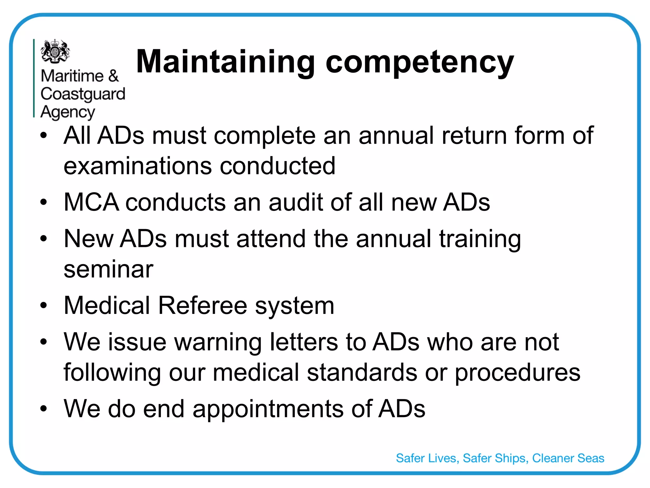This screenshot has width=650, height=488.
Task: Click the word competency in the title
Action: pos(420,62)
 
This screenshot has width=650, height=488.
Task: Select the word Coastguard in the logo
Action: pos(83,94)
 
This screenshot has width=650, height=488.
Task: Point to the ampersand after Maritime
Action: pos(113,76)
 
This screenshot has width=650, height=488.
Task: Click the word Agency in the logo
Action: pos(68,112)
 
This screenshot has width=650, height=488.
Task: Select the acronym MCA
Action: pos(91,202)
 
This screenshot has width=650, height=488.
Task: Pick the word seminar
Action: pos(109,269)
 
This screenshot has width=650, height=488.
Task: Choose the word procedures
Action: pos(517,372)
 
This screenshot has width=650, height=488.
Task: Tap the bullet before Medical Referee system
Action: pos(43,306)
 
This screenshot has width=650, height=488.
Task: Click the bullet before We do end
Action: pos(43,409)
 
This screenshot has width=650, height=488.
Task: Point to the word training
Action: pos(480,239)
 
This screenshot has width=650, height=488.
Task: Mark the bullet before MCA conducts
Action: pos(43,202)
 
